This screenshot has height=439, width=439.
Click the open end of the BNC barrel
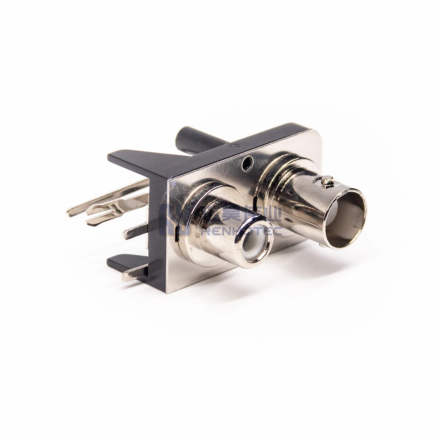click(345, 218)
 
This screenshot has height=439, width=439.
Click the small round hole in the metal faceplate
click(247, 164)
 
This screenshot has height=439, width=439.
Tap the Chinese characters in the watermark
click(250, 214)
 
